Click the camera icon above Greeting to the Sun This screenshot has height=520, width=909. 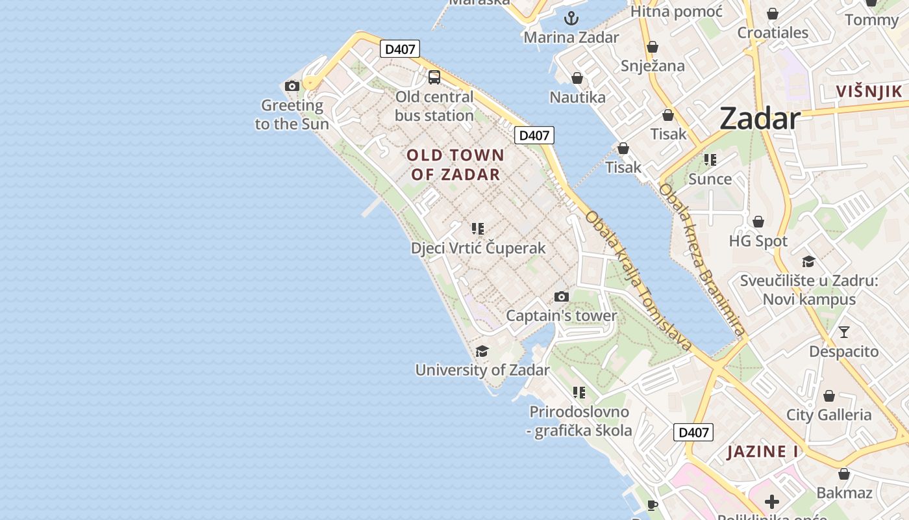pos(292,86)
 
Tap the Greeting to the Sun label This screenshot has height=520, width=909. pos(292,114)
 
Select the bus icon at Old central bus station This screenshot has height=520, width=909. pos(434,77)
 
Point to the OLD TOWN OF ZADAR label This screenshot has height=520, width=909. pos(456,164)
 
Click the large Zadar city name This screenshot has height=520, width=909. pos(760,118)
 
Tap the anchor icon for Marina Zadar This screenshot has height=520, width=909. pos(571,18)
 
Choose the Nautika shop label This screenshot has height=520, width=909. pos(577,97)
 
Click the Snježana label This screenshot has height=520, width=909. pos(653,66)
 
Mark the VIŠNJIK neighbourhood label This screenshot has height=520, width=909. pos(869,91)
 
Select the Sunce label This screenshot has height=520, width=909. pos(710,179)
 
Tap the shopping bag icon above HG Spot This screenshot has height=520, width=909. pos(758,222)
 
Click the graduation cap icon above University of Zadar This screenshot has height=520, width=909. pos(482,352)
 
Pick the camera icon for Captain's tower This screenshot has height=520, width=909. pos(562,297)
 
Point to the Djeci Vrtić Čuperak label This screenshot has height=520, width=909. pos(479,248)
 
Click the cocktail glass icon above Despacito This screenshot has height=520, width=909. pos(843,332)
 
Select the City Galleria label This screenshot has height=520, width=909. pos(828,415)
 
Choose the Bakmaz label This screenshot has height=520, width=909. pos(844,493)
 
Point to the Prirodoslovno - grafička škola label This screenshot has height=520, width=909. pos(580,421)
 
